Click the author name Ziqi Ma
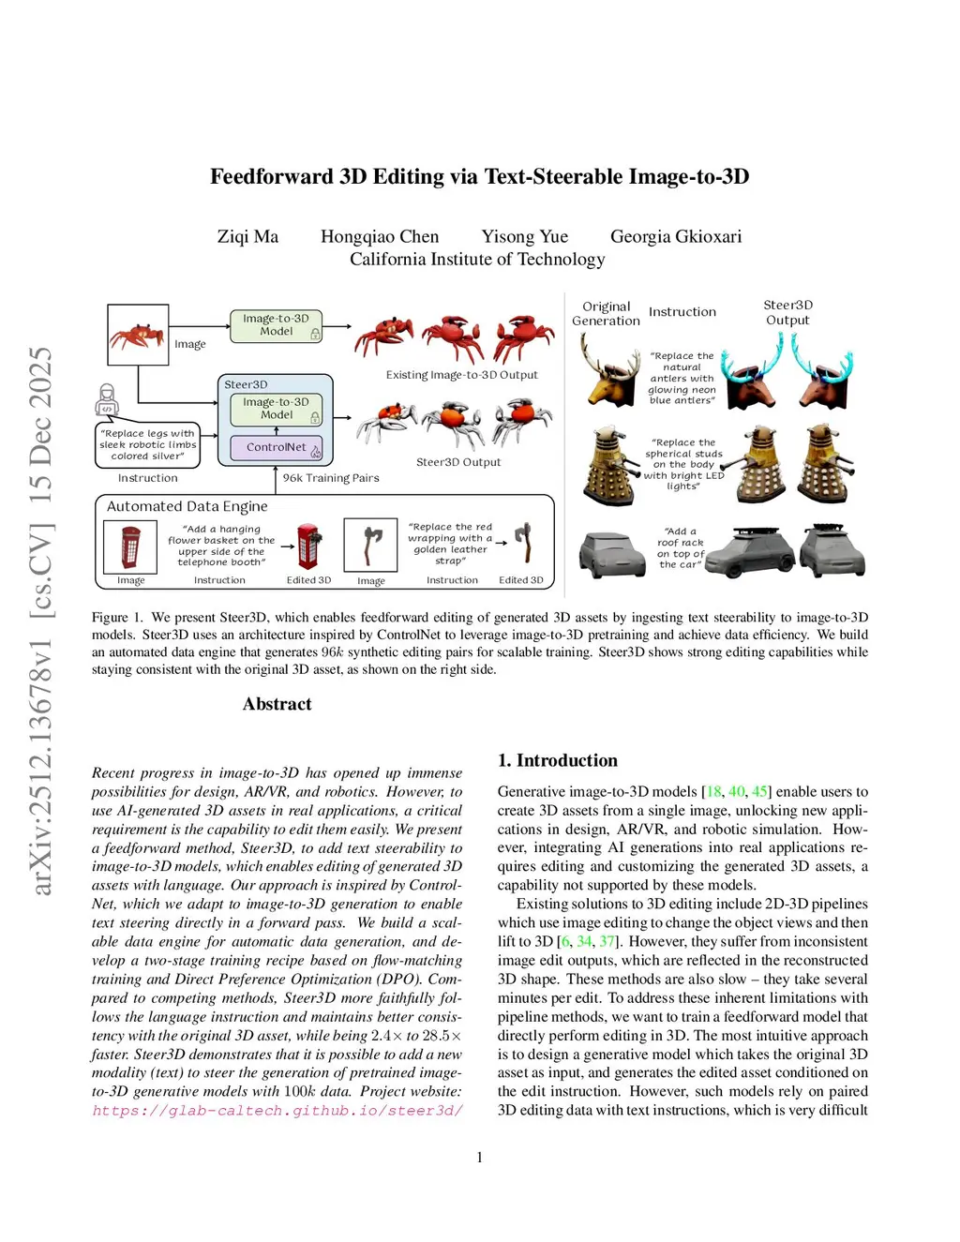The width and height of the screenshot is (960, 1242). [247, 237]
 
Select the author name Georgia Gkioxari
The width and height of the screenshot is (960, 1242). [676, 237]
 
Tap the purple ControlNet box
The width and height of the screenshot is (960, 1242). [277, 448]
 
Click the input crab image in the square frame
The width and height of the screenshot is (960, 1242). [138, 335]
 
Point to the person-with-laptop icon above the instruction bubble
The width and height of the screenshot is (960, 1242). [108, 400]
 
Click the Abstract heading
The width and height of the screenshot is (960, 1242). [277, 704]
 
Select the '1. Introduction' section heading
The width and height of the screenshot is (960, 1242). [558, 760]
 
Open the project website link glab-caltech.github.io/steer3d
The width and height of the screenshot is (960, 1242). [277, 1111]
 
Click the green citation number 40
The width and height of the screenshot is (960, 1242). [737, 792]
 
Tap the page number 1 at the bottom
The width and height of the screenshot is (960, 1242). [480, 1158]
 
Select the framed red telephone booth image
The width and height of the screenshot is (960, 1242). [130, 546]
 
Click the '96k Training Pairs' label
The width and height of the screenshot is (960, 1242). [331, 478]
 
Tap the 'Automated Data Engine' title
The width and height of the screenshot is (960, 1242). [187, 506]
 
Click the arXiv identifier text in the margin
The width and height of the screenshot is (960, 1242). [41, 619]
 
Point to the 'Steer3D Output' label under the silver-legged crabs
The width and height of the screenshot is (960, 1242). [458, 462]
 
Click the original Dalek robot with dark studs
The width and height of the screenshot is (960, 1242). [609, 465]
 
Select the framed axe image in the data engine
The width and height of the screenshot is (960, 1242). [371, 545]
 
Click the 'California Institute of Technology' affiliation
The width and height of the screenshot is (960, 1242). [477, 260]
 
